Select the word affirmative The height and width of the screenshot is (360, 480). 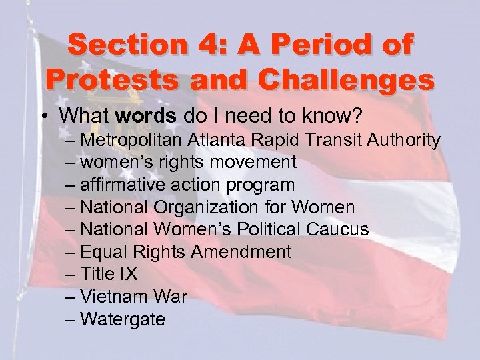coord(119,185)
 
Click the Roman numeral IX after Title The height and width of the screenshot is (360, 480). coord(127,274)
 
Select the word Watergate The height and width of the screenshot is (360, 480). coord(123,319)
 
